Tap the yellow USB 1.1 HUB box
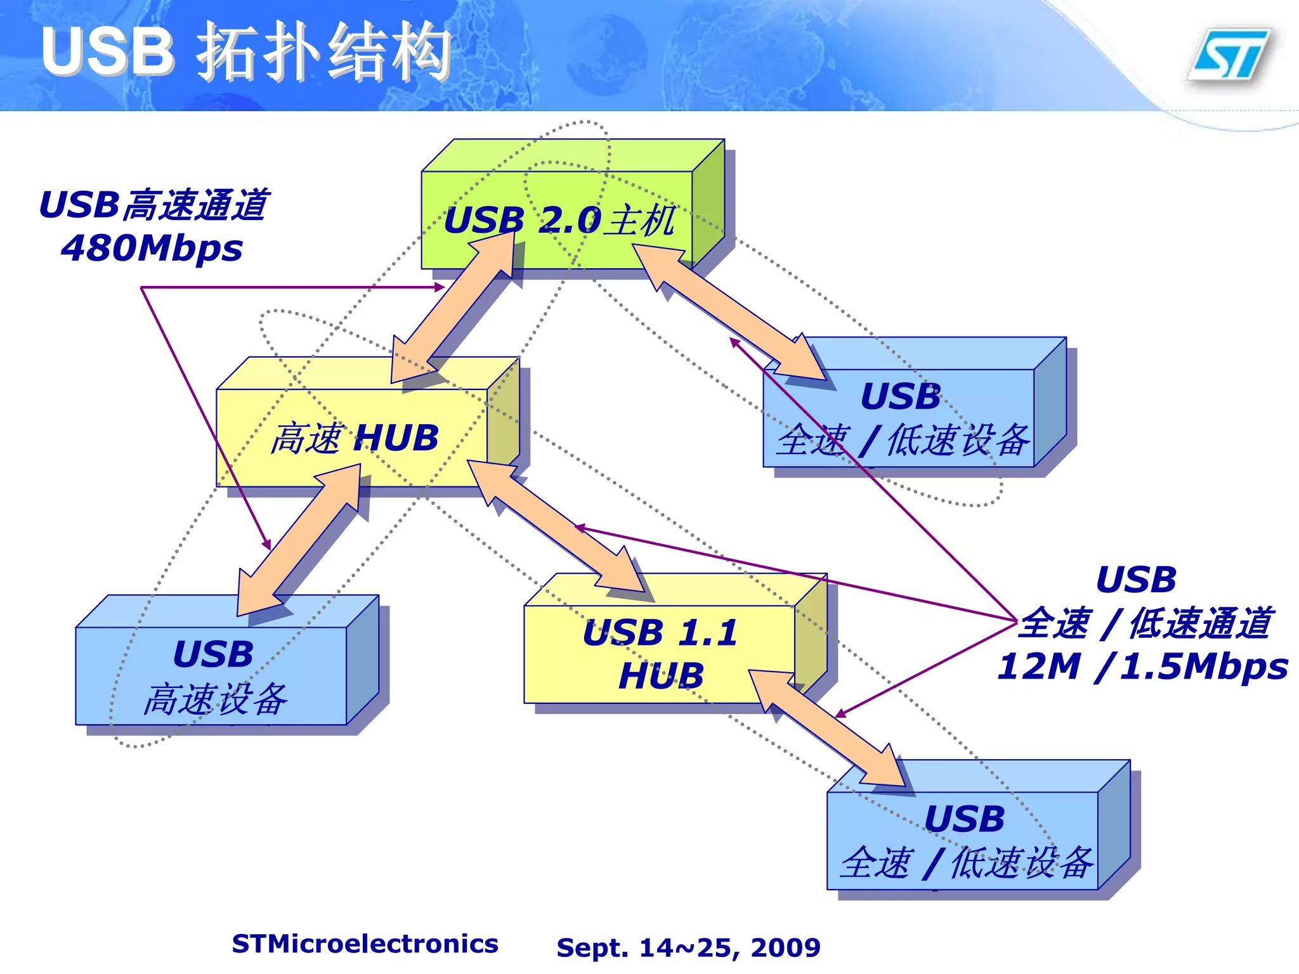[660, 653]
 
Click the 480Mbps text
[152, 248]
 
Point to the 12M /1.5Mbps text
[1142, 666]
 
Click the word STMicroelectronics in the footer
[365, 944]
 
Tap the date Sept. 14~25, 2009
[688, 947]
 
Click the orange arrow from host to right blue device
[729, 314]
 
